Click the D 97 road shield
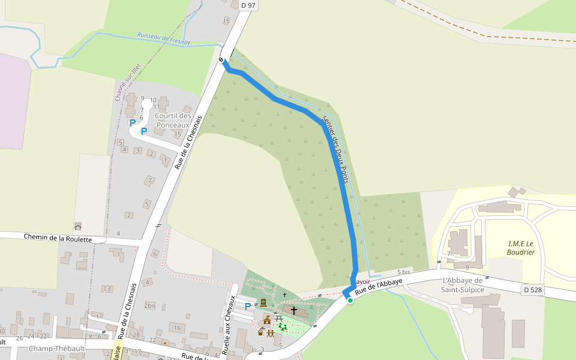coord(248,5)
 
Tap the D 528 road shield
coord(532,290)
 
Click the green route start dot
coord(350,300)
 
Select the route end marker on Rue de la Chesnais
coord(221,59)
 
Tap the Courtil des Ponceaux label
coord(173,120)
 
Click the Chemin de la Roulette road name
coord(58,238)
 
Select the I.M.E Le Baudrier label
coord(521,248)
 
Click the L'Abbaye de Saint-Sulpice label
coord(463,285)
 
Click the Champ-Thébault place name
coord(57,349)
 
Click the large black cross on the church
coord(294,310)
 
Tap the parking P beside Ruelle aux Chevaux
coord(248,307)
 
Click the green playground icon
coord(282,326)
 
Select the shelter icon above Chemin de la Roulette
coord(77,226)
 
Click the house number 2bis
coord(150,305)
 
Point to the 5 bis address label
coord(403,272)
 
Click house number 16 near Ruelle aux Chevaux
coord(176,328)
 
